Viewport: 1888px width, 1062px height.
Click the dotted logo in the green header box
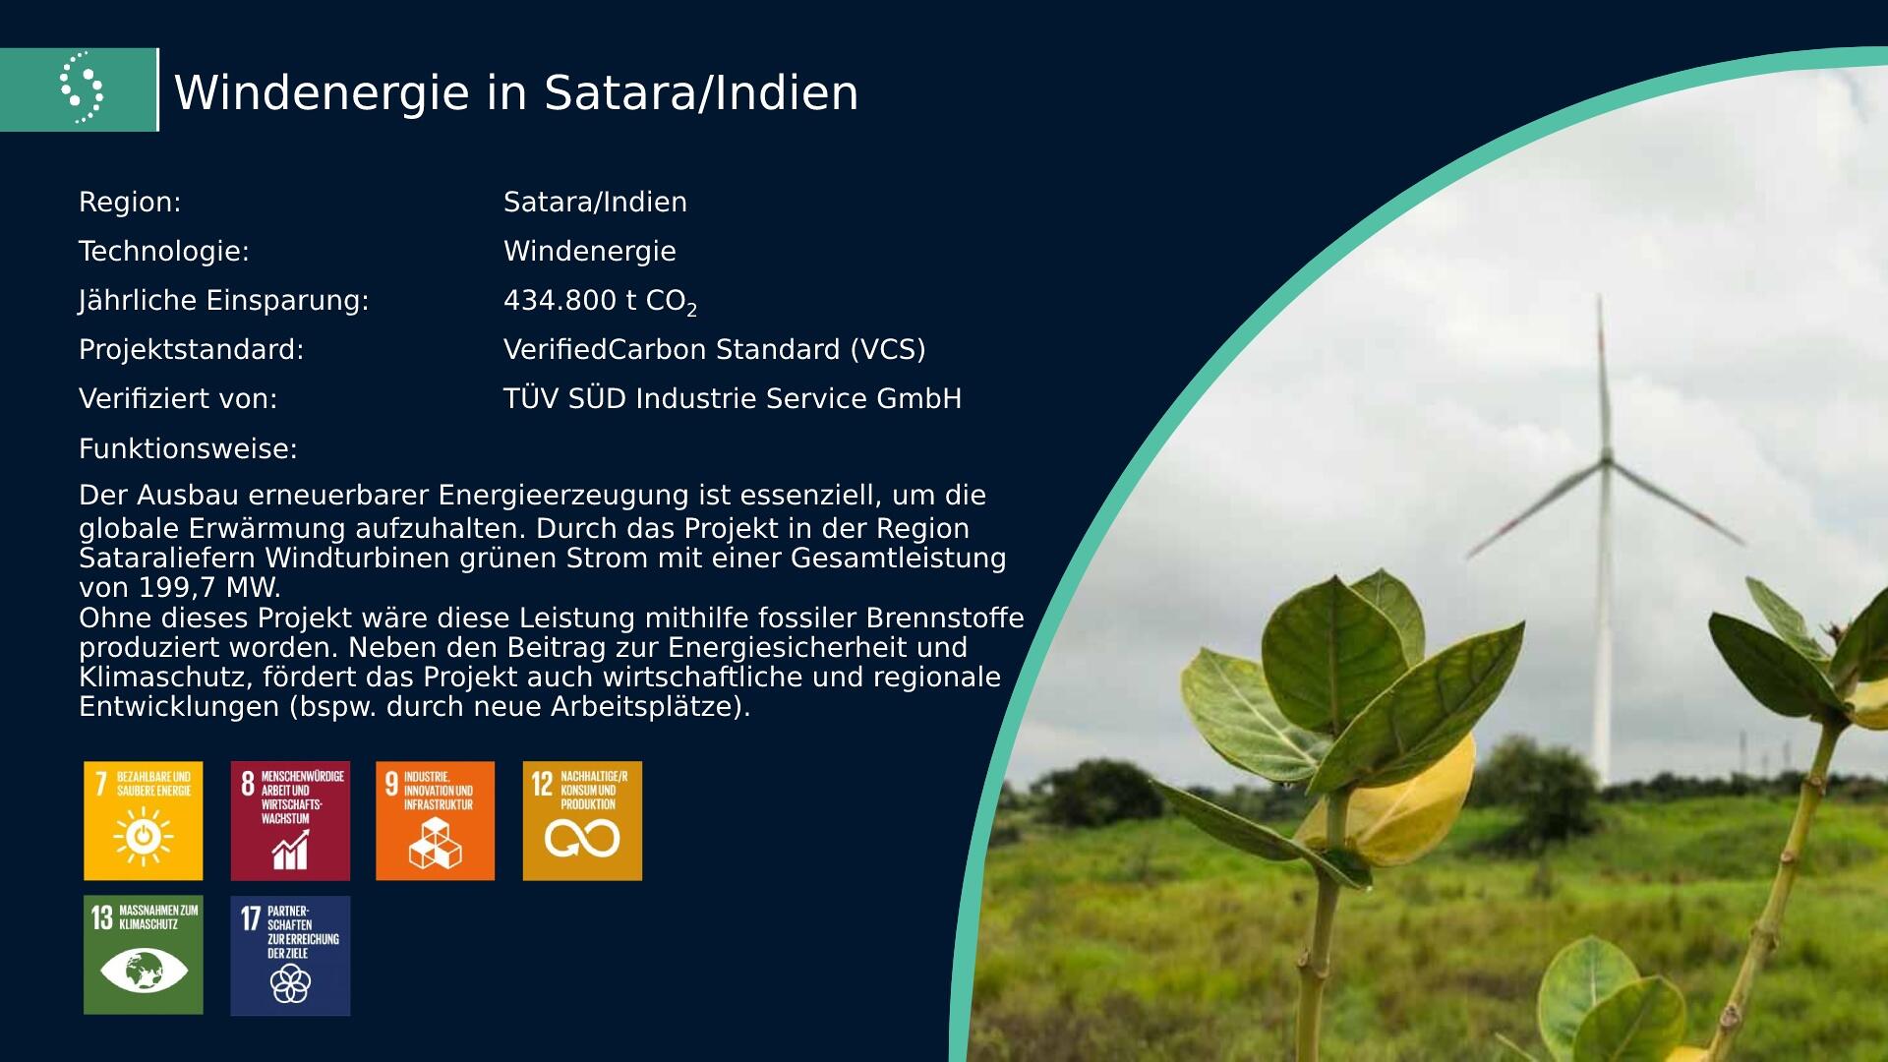click(x=82, y=88)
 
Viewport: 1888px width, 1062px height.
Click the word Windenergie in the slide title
click(x=323, y=92)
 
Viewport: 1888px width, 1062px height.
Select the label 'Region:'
click(x=130, y=202)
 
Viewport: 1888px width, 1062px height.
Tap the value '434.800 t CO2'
click(x=600, y=302)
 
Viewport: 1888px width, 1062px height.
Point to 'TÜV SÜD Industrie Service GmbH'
click(x=733, y=398)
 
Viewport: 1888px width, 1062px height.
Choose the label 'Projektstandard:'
click(x=192, y=349)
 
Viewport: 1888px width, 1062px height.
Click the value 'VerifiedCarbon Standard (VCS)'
click(x=715, y=349)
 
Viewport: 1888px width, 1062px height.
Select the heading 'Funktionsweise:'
click(x=188, y=449)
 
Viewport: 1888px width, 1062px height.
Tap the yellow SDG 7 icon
click(x=144, y=821)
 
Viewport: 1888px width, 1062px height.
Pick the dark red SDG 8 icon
click(x=290, y=821)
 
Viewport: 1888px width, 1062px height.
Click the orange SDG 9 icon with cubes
click(x=436, y=821)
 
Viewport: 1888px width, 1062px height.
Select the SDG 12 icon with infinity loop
click(x=582, y=821)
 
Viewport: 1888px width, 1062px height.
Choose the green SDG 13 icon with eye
click(x=144, y=955)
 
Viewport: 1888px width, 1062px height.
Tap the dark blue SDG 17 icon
click(x=290, y=955)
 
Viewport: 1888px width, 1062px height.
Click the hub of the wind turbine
click(x=1606, y=458)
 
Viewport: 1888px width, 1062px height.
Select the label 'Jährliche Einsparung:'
click(x=224, y=301)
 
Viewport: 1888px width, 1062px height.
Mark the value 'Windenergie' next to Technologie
click(x=590, y=252)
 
